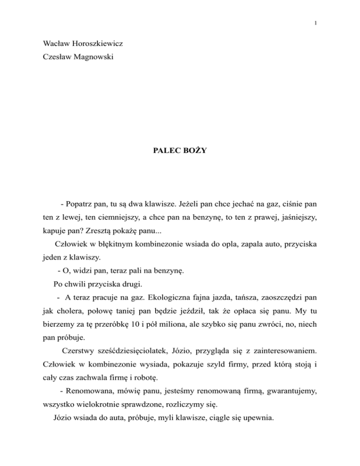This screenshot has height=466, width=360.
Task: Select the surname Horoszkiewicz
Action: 99,46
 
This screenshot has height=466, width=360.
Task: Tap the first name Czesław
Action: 57,62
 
